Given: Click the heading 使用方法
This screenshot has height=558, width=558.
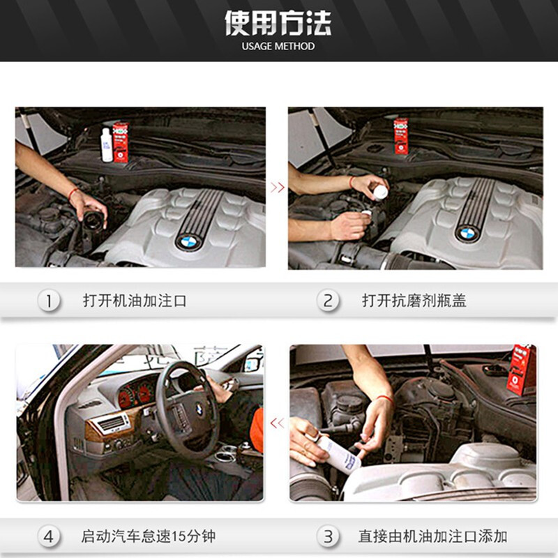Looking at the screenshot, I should pyautogui.click(x=278, y=23).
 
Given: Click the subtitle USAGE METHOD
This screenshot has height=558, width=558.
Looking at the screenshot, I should pyautogui.click(x=278, y=47).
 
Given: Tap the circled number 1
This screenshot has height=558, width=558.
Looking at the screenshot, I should pyautogui.click(x=49, y=301).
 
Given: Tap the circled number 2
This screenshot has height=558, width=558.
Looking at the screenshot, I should pyautogui.click(x=328, y=301).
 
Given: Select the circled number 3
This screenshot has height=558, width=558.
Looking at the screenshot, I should pyautogui.click(x=328, y=537).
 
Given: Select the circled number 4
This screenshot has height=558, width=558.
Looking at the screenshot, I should pyautogui.click(x=49, y=537).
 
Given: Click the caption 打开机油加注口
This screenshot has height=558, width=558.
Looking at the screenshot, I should pyautogui.click(x=135, y=301).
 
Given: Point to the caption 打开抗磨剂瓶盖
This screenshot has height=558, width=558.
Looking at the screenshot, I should pyautogui.click(x=414, y=301).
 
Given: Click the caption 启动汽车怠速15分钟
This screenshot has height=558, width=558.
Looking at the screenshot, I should pyautogui.click(x=149, y=537).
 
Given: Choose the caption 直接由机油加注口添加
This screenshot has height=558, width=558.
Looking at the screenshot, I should pyautogui.click(x=432, y=537).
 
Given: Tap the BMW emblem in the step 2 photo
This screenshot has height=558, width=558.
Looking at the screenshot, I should pyautogui.click(x=467, y=233).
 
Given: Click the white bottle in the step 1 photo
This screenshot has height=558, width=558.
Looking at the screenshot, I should pyautogui.click(x=107, y=144).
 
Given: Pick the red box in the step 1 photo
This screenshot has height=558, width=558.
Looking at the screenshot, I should pyautogui.click(x=121, y=142).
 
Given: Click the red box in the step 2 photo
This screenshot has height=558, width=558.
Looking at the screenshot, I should pyautogui.click(x=401, y=137).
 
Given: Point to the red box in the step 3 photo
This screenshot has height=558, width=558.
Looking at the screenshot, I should pyautogui.click(x=521, y=370).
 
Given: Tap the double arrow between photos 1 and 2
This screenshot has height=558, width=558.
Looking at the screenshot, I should pyautogui.click(x=277, y=187).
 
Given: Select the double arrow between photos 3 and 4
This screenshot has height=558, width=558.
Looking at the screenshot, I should pyautogui.click(x=277, y=422).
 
